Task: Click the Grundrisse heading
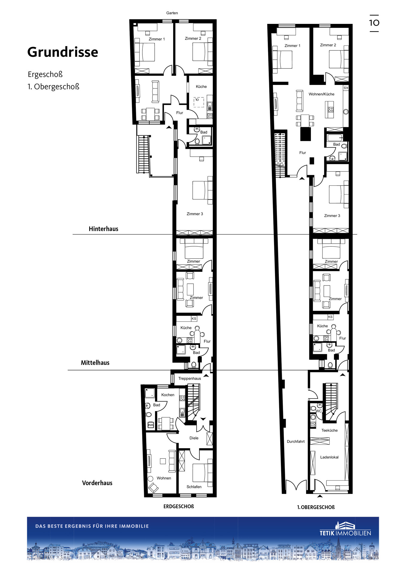pos(63,52)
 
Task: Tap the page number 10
pos(374,23)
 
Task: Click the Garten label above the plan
pos(172,13)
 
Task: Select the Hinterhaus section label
pos(104,229)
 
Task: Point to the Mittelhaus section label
pos(95,363)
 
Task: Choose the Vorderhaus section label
pos(97,483)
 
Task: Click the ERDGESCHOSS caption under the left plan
pos(179,506)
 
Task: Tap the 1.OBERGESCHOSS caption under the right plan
pos(316,507)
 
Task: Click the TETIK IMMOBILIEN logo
pos(345,529)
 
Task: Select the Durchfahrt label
pos(296,442)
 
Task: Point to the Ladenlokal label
pos(329,457)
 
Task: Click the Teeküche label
pos(329,430)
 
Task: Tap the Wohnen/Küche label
pos(322,94)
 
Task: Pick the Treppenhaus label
pos(190,378)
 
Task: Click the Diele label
pos(194,438)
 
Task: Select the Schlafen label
pos(194,487)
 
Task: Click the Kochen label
pos(168,395)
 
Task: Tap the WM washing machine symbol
pos(151,425)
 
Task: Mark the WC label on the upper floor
pos(319,411)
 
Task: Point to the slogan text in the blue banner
pos(92,526)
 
